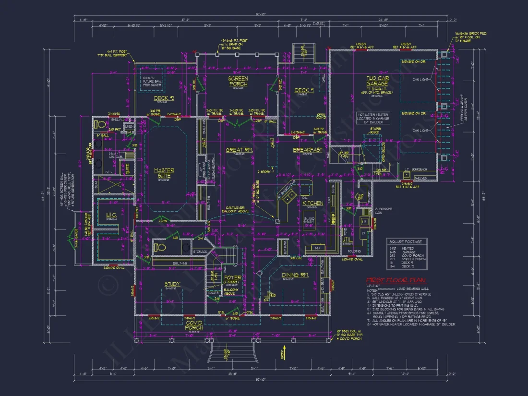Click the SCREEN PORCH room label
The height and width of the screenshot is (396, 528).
238,81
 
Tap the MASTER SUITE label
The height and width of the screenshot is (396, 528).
164,173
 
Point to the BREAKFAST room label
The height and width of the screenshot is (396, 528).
307,150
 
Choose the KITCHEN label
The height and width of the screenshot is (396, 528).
312,204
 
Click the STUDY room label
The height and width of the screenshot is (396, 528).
172,284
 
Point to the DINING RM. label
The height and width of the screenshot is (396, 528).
294,275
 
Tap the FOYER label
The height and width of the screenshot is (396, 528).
233,278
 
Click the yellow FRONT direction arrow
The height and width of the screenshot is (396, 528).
284,350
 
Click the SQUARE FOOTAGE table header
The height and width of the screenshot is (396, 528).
406,242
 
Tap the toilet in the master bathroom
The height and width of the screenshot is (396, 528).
100,125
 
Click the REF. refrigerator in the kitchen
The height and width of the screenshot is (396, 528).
317,248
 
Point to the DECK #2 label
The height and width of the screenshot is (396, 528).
160,99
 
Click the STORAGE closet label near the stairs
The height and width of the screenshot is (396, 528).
200,252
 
